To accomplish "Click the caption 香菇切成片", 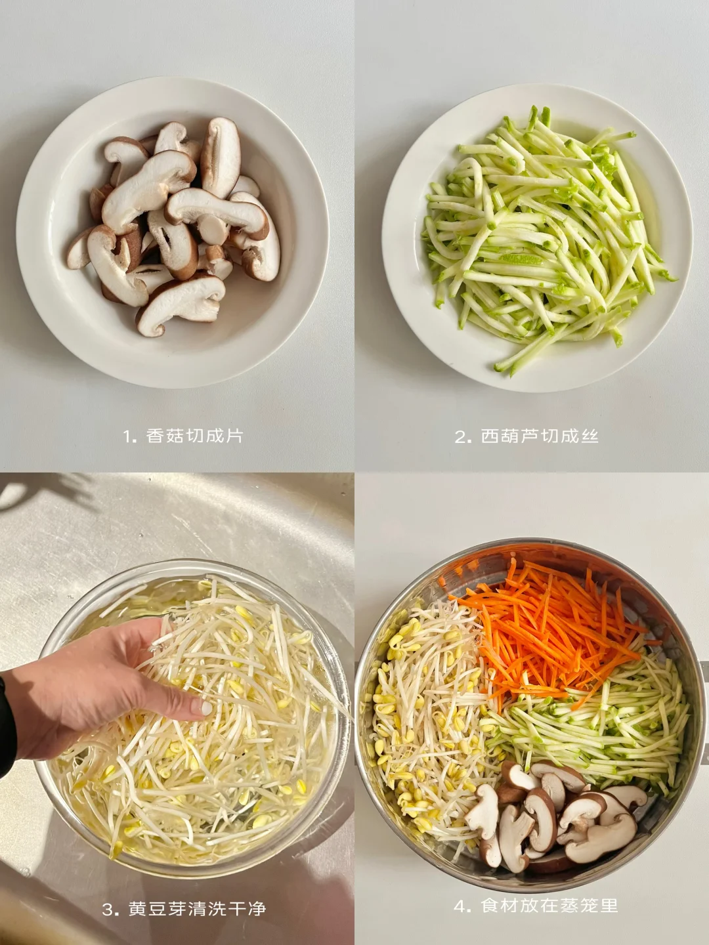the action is point(194,436).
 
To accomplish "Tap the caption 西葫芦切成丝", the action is point(540,436).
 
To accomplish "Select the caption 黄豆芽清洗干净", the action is point(197,896).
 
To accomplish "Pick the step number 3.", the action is point(110,897).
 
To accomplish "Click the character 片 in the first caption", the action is point(234,436).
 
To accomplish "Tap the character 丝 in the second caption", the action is point(590,436).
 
